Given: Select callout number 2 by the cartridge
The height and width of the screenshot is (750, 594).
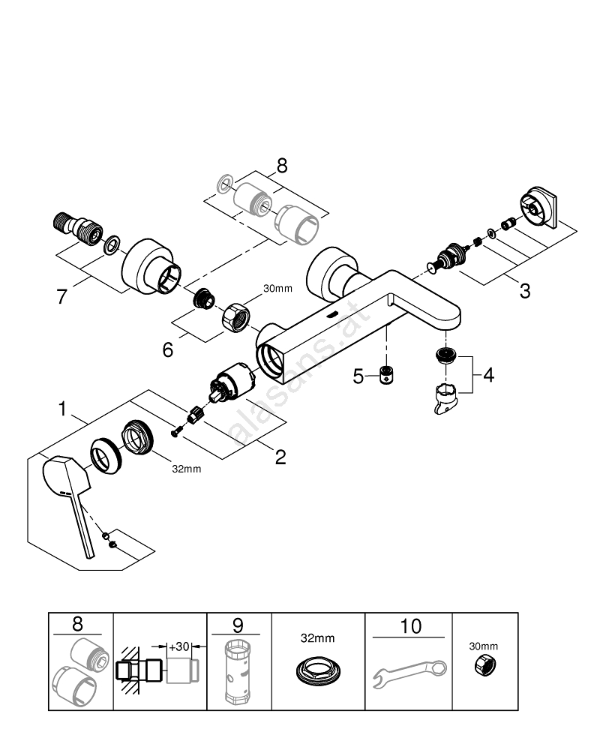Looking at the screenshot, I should (280, 456).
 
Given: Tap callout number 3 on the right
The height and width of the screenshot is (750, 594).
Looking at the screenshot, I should (524, 290).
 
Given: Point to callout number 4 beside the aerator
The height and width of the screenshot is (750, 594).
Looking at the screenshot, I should (488, 373).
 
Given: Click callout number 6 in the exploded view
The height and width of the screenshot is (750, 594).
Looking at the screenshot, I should (168, 349).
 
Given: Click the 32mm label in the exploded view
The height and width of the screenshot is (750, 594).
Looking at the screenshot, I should (186, 469).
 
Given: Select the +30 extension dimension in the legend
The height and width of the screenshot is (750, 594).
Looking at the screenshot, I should (178, 646).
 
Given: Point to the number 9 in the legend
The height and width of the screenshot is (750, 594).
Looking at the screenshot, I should (238, 625).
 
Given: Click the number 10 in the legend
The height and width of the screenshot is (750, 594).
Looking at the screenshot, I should (410, 625).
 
